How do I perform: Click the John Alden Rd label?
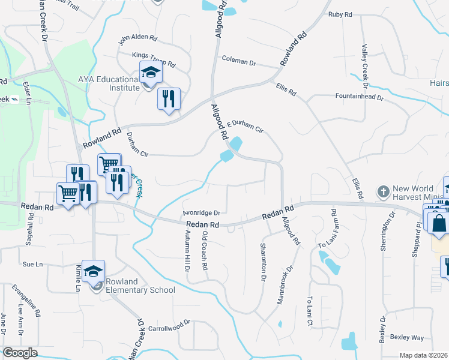[x=137, y=40]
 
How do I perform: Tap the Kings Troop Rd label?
[x=154, y=59]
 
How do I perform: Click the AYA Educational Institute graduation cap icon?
[x=151, y=73]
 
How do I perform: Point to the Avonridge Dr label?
[x=202, y=212]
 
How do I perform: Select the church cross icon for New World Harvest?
[x=384, y=192]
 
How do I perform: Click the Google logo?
[x=20, y=353]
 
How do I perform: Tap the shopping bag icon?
[x=439, y=223]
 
